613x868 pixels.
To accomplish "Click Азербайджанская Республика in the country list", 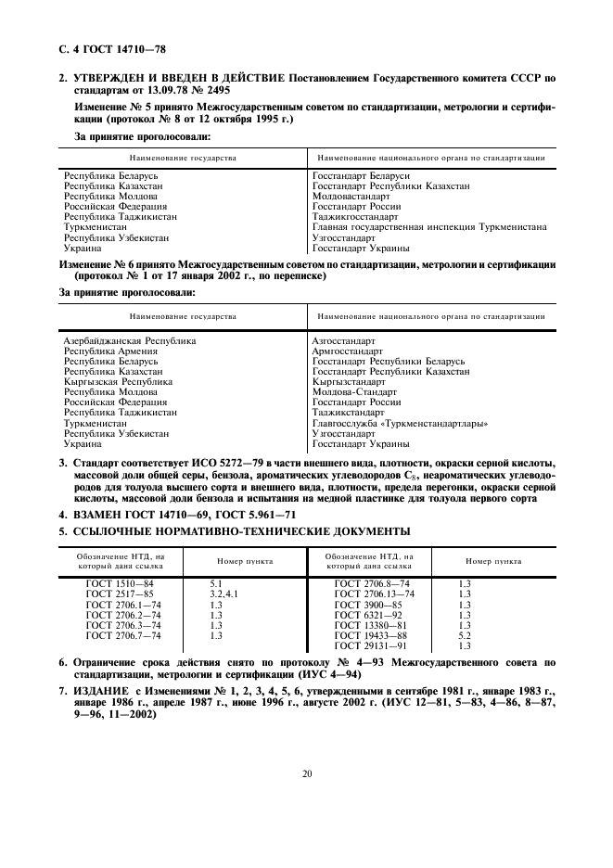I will click(130, 341).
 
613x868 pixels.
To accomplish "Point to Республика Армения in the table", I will click(110, 351).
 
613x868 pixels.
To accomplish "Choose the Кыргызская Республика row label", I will click(118, 381).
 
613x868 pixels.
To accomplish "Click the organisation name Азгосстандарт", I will click(344, 341).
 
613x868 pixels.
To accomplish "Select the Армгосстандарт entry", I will click(347, 351).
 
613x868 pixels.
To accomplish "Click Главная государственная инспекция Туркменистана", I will click(428, 226).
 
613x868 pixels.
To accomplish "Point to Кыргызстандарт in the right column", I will click(349, 381).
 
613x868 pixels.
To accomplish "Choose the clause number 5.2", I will click(466, 636).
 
